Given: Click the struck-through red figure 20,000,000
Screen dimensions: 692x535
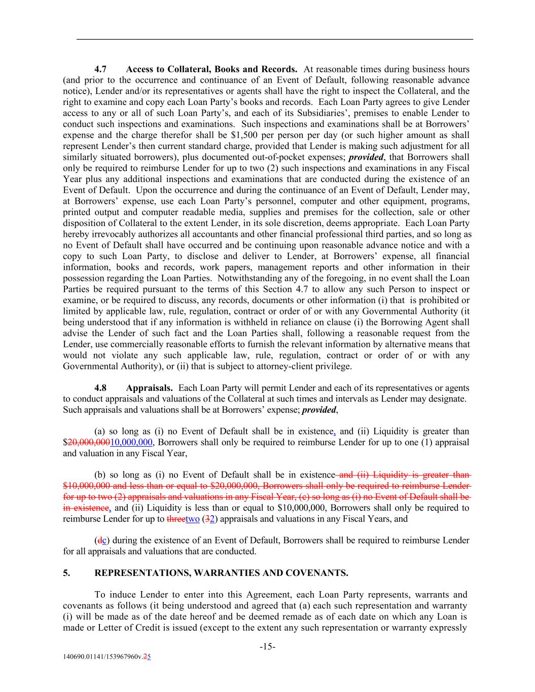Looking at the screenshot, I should click(x=89, y=442).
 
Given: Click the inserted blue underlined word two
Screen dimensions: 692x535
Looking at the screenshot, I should click(x=193, y=519).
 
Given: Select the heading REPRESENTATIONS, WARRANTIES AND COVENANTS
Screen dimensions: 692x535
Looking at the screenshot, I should click(x=221, y=573).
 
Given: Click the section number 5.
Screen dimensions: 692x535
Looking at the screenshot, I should click(x=66, y=573).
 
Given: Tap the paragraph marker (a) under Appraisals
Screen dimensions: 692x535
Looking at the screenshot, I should click(x=100, y=431).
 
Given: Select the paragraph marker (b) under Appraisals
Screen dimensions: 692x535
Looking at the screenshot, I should click(x=100, y=475).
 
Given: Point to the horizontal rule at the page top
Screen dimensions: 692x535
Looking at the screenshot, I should click(x=274, y=39).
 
